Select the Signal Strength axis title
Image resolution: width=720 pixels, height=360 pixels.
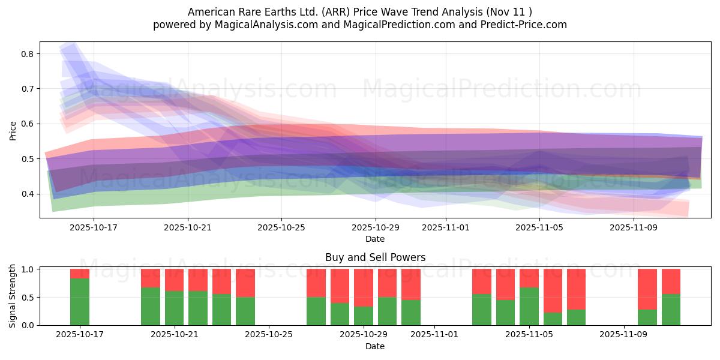[x=13, y=296]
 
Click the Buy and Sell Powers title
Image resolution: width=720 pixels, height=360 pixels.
[x=375, y=257]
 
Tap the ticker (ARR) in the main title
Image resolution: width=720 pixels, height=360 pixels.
[x=319, y=12]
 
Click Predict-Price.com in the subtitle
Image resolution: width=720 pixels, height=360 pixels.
[x=521, y=25]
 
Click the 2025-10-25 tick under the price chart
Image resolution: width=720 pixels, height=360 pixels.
[x=281, y=228]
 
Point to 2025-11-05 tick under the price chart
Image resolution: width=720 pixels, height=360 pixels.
[x=539, y=228]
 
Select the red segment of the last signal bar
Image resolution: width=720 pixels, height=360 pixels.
[x=671, y=281]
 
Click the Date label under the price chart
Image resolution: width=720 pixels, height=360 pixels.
[x=375, y=239]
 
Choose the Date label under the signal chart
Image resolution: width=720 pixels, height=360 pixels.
[x=375, y=346]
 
